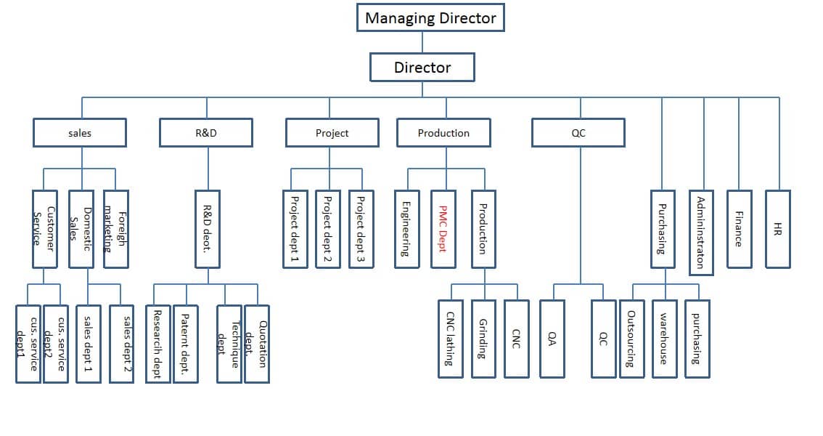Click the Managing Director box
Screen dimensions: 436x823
[x=430, y=17]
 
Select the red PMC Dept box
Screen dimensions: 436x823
[x=443, y=229]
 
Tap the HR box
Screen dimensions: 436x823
[x=778, y=229]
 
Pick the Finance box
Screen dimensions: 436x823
[x=739, y=229]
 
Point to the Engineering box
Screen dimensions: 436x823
[x=406, y=229]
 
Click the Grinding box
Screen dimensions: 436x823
[x=483, y=339]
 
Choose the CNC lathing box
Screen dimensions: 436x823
[x=450, y=339]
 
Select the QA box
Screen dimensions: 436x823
[x=552, y=339]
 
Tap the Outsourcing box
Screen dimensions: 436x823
[x=631, y=339]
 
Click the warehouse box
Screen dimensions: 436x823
[x=663, y=339]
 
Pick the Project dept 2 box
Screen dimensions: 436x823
[x=328, y=229]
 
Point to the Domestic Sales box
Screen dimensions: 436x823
[x=81, y=229]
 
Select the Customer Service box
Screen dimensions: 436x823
[x=44, y=229]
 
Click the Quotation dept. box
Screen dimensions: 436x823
[x=256, y=344]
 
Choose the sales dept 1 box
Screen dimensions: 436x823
[x=88, y=344]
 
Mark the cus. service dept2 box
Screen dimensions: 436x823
[x=55, y=344]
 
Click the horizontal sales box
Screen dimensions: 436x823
[x=80, y=133]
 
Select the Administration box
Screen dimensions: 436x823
[x=701, y=233]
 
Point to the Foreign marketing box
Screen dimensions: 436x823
[x=115, y=229]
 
